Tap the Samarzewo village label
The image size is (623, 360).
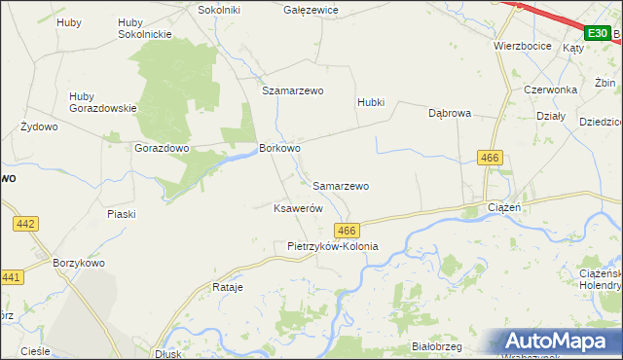pyautogui.click(x=341, y=185)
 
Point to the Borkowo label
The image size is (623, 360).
pyautogui.click(x=279, y=149)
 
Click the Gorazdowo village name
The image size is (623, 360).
pyautogui.click(x=162, y=149)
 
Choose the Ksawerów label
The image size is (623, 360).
pyautogui.click(x=297, y=208)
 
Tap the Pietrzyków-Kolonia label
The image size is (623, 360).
pyautogui.click(x=332, y=247)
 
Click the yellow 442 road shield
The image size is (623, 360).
pyautogui.click(x=26, y=224)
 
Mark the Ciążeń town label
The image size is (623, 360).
pyautogui.click(x=504, y=208)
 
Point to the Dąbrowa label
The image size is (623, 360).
pyautogui.click(x=450, y=113)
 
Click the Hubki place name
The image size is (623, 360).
pyautogui.click(x=371, y=102)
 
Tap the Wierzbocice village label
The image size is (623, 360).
pyautogui.click(x=523, y=46)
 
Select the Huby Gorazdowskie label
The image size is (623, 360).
pyautogui.click(x=102, y=102)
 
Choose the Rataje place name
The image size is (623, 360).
pyautogui.click(x=227, y=288)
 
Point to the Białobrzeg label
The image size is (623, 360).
pyautogui.click(x=436, y=346)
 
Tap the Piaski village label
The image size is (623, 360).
pyautogui.click(x=122, y=213)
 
